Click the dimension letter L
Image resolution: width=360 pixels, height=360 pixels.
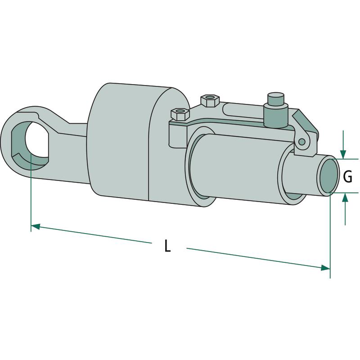pos(168,246)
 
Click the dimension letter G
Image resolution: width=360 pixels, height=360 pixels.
pos(347,177)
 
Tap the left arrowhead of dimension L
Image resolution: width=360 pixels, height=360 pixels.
pos(36,226)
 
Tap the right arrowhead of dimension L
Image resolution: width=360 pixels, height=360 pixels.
pos(325,267)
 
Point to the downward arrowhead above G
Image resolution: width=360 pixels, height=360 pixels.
pos(343,154)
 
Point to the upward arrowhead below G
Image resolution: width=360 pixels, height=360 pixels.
pos(345,197)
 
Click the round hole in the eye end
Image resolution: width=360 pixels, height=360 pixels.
pos(36,139)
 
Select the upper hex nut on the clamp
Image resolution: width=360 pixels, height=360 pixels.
pos(210,100)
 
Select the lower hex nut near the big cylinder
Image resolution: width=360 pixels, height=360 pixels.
pos(180,114)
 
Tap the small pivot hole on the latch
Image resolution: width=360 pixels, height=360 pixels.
pos(302,142)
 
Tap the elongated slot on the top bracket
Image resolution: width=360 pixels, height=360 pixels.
pos(243,111)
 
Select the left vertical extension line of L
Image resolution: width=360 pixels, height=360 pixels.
pos(31,192)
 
